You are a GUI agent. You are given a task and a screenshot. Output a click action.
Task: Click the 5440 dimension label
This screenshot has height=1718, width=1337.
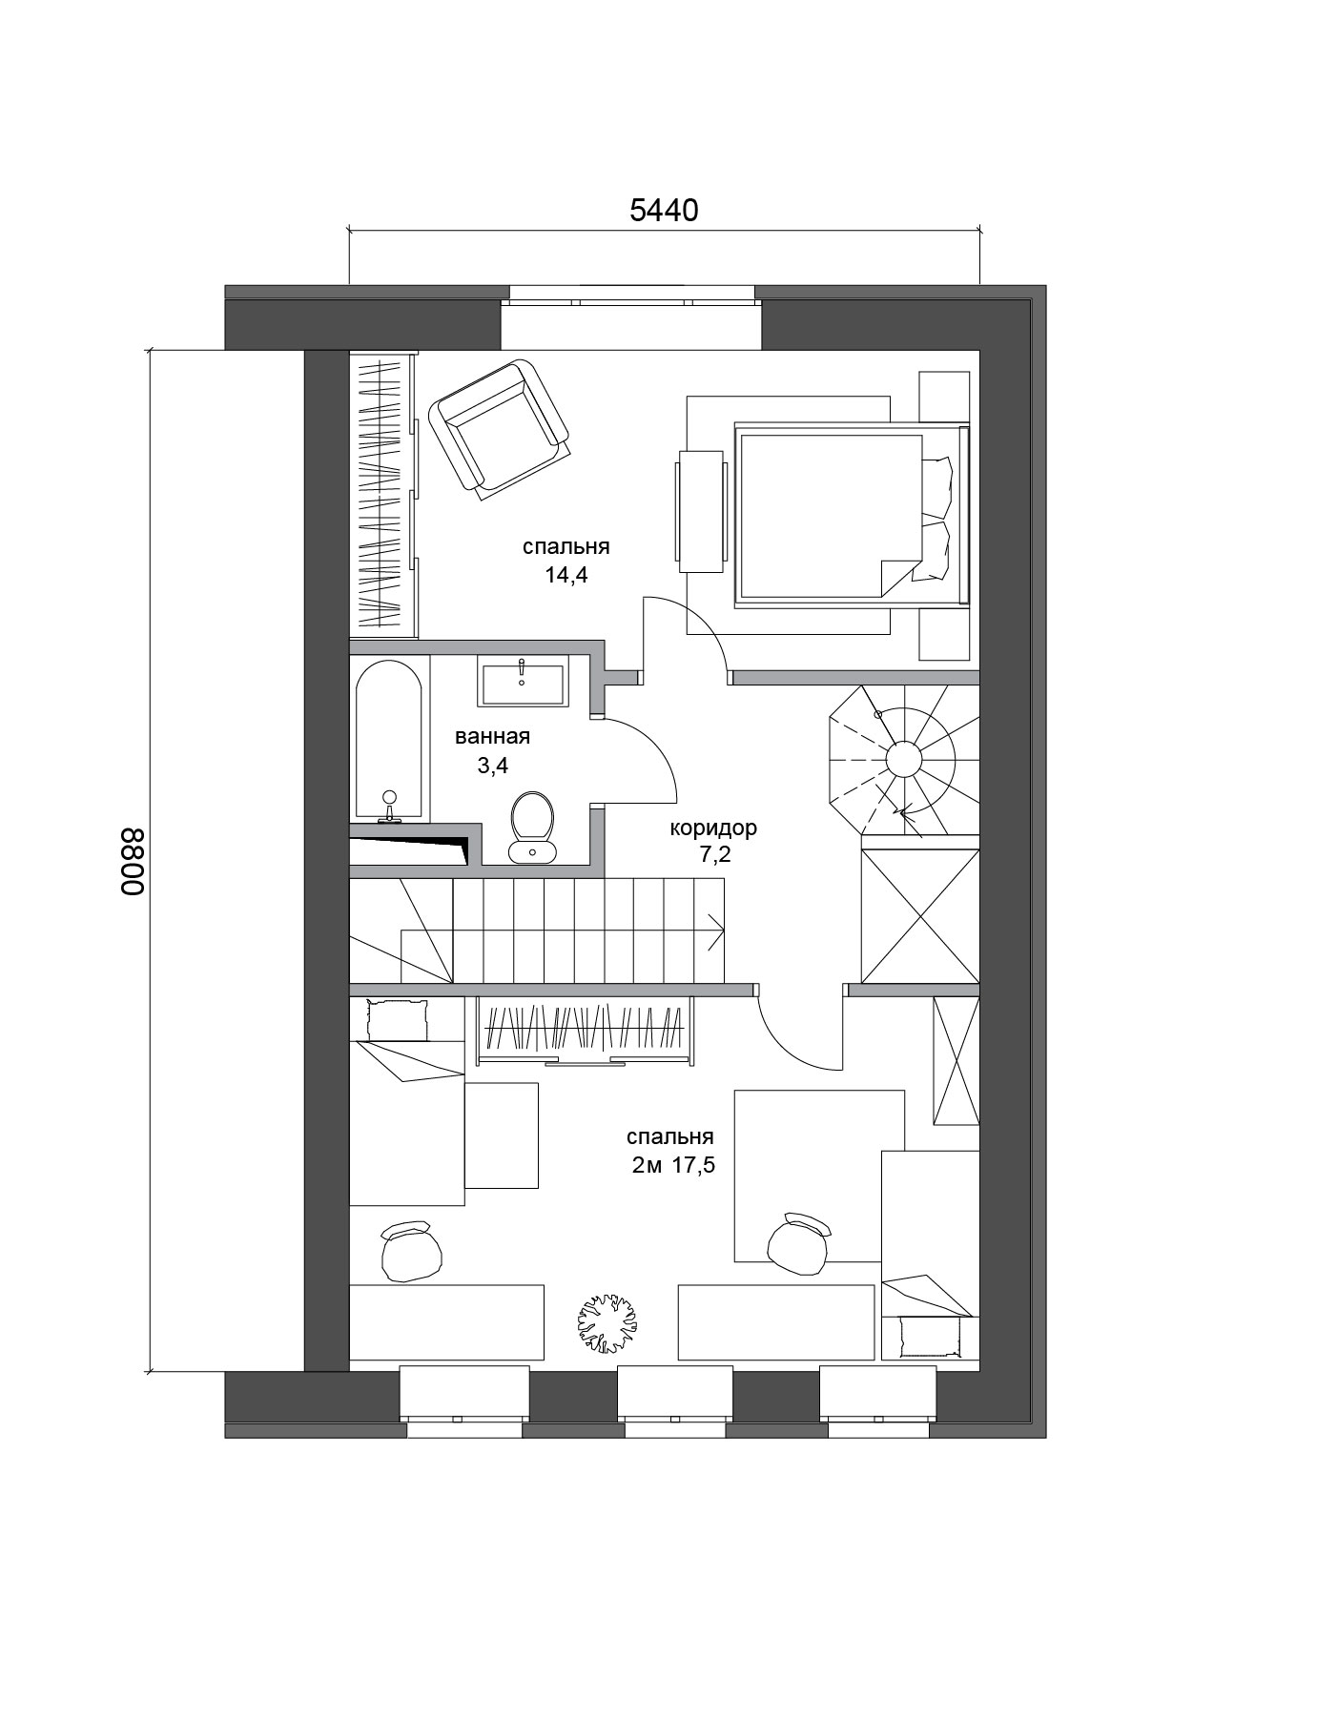click(664, 210)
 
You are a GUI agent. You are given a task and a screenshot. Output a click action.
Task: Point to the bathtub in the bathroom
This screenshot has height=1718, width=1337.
click(388, 740)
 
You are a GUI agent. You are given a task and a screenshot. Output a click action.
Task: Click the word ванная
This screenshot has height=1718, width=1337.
click(492, 737)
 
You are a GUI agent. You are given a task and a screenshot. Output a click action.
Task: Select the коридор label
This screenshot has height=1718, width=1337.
click(713, 828)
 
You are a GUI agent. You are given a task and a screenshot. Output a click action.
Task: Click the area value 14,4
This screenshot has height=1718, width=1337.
click(566, 576)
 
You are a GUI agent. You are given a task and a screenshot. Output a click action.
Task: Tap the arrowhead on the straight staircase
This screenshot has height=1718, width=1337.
click(715, 931)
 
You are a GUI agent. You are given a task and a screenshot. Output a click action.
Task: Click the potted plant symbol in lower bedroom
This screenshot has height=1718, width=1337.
click(607, 1322)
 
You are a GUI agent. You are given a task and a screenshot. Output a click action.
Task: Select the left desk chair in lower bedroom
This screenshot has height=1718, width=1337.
click(411, 1250)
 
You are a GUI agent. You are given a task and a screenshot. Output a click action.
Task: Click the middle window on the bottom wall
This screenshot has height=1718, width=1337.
click(674, 1401)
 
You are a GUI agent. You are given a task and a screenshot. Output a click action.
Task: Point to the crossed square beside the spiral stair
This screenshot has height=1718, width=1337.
click(920, 916)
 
